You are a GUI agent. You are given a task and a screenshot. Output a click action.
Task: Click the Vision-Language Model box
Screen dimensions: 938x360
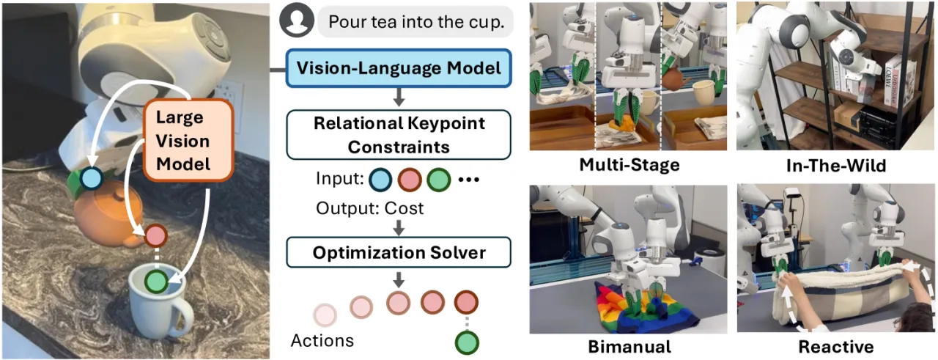[x=399, y=68]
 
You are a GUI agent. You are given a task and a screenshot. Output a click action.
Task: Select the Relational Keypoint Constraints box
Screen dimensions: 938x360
[x=399, y=135]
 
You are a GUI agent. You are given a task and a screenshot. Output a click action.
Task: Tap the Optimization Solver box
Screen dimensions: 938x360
[x=399, y=252]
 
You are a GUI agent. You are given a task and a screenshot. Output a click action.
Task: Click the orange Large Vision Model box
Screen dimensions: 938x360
[x=188, y=140]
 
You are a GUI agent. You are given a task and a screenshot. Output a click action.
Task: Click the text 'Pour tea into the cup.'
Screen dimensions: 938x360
[x=416, y=22]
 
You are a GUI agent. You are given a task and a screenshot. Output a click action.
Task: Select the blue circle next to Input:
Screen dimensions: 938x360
[x=380, y=180]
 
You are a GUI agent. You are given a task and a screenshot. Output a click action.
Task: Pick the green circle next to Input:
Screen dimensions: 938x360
[x=438, y=180]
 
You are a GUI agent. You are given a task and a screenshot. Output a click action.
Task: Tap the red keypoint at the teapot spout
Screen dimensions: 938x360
[x=156, y=236]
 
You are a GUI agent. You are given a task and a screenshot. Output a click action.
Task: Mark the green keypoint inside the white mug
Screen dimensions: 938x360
[x=156, y=282]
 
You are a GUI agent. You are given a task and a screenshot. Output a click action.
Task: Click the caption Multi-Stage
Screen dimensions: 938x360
[x=629, y=165]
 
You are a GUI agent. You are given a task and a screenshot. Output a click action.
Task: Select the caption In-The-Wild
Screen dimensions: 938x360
[x=836, y=166]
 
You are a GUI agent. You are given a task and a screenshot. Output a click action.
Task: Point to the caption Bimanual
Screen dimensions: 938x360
[x=629, y=347]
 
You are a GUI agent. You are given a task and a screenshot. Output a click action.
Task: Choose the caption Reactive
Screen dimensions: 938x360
[x=836, y=347]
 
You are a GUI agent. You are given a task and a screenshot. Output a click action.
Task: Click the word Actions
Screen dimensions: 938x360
[x=322, y=341]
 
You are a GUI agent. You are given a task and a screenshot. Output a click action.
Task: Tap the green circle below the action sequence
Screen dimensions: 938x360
[x=467, y=343]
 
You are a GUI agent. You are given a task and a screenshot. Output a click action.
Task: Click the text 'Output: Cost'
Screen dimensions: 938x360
[x=370, y=208]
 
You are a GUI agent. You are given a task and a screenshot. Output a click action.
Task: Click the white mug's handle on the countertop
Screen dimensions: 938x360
[x=183, y=317]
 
